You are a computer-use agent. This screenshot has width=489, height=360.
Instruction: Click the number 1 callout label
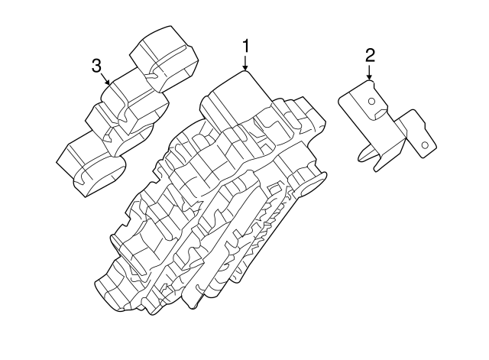click(x=245, y=47)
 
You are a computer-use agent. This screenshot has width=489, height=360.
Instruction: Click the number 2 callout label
click(x=369, y=54)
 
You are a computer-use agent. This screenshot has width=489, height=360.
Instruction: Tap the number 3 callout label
click(x=96, y=66)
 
